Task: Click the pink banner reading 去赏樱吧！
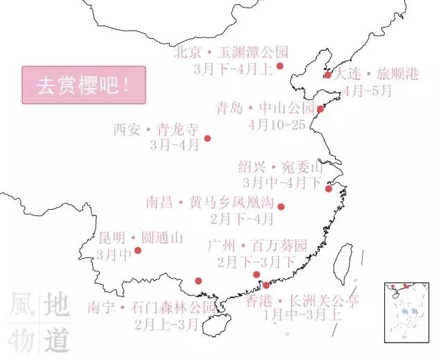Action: click(x=84, y=85)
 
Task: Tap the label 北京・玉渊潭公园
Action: click(x=230, y=52)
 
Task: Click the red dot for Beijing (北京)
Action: click(x=280, y=66)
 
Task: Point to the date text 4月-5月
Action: click(x=368, y=90)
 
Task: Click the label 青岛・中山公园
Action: click(x=265, y=108)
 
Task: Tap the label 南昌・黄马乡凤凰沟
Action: click(x=210, y=204)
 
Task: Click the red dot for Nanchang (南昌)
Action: click(x=280, y=206)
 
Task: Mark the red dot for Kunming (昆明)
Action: click(x=138, y=250)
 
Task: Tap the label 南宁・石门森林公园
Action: click(x=152, y=307)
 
